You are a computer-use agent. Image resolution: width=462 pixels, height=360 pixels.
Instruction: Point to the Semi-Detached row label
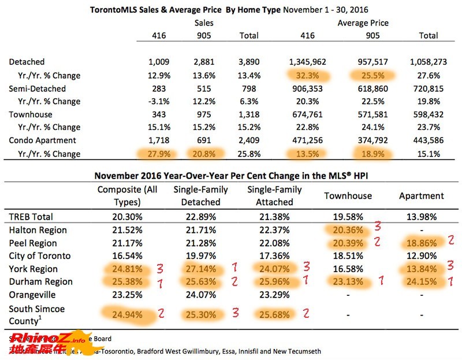[38, 88]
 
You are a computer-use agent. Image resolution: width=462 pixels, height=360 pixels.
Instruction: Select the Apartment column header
[421, 196]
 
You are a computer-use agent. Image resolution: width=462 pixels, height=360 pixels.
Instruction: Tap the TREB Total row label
[32, 217]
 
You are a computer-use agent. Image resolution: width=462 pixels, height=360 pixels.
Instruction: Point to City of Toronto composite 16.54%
[119, 256]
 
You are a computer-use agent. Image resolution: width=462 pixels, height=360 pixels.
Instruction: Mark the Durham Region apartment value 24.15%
[420, 282]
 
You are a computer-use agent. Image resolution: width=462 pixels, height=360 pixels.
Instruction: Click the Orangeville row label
[33, 295]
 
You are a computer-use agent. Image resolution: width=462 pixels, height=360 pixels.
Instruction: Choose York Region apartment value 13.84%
[420, 269]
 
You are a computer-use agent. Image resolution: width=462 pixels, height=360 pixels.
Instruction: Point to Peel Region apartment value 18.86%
[420, 243]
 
